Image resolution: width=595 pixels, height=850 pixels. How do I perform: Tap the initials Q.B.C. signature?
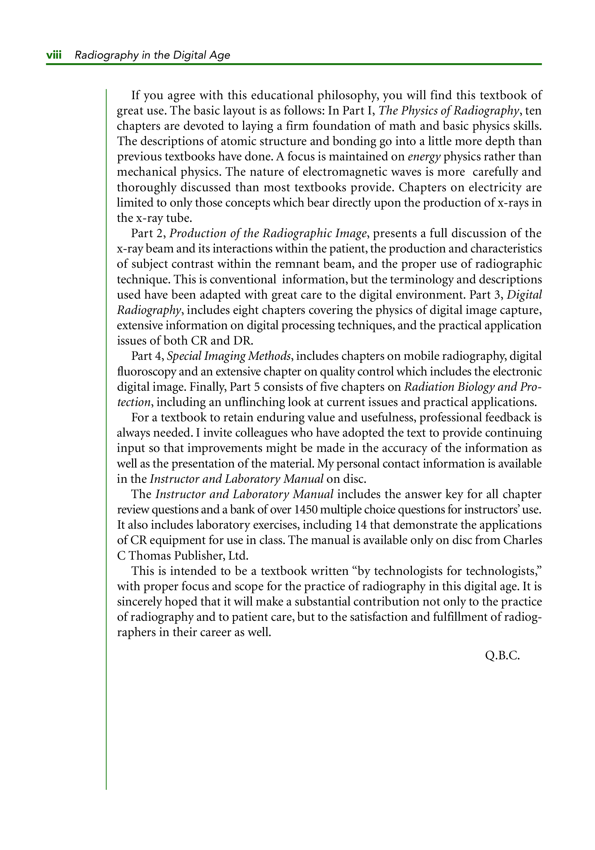(502, 656)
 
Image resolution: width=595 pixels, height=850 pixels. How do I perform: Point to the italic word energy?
(424, 157)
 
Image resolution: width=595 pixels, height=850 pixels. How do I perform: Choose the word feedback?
(508, 418)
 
